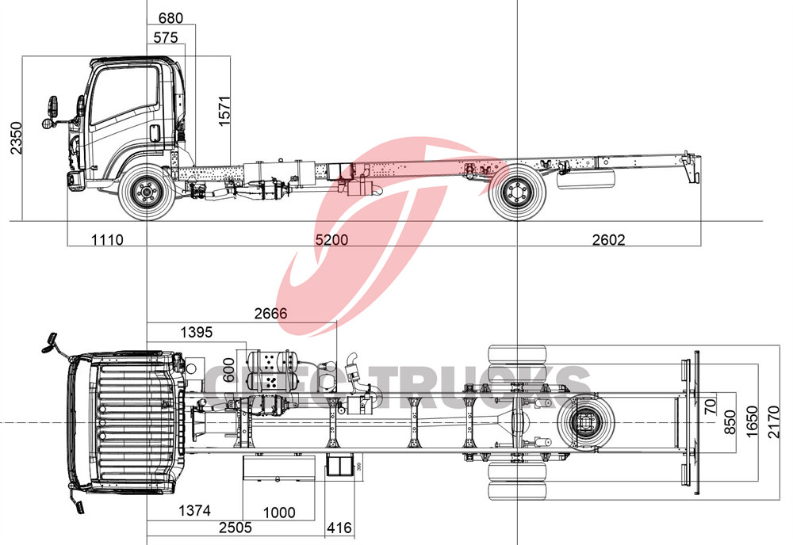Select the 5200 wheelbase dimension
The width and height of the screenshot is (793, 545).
pos(332,239)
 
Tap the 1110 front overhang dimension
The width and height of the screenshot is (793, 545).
pos(107,239)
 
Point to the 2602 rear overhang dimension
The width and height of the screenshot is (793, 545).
pos(608,239)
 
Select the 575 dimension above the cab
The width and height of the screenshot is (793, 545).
pos(166,36)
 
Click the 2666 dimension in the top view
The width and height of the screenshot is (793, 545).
pos(270,314)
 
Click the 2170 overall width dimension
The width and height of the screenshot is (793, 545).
pos(775,423)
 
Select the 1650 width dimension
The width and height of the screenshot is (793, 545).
pos(751,423)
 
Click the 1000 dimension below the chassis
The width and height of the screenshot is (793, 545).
pos(278,513)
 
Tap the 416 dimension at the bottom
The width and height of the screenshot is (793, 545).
pos(339,528)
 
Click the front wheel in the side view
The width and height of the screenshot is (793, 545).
pos(146,192)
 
